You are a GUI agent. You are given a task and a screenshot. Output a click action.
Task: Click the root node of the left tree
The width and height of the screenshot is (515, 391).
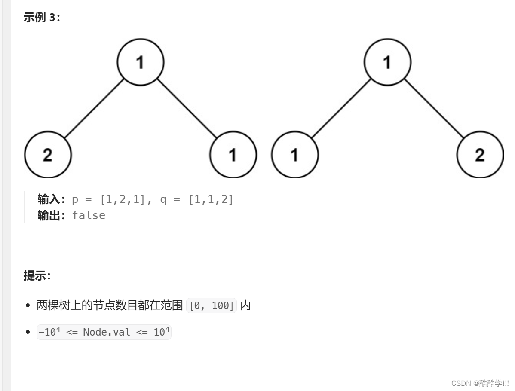[141, 62]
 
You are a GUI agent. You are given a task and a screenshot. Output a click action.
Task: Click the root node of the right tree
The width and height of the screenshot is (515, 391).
[387, 62]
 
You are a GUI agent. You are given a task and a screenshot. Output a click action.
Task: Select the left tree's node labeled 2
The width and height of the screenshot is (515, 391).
[48, 155]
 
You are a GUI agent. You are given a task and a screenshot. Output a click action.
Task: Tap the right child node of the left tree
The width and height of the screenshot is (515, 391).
[233, 155]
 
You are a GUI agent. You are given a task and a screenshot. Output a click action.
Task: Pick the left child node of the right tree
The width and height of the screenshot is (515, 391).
[295, 155]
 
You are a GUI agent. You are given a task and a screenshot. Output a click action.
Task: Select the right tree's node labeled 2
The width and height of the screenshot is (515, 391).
[480, 155]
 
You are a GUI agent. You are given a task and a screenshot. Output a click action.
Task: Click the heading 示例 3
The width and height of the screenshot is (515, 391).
[42, 18]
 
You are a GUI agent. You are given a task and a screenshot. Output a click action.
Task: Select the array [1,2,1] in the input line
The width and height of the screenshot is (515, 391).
[123, 199]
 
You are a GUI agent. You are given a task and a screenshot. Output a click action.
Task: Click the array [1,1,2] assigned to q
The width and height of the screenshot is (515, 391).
[211, 199]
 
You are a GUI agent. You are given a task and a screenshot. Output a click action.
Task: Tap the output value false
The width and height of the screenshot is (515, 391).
[89, 215]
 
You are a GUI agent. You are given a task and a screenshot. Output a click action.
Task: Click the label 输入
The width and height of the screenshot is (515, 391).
[49, 199]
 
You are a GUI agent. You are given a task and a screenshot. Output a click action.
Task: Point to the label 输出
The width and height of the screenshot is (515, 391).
[49, 215]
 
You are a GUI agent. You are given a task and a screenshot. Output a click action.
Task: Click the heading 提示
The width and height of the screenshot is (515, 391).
[37, 275]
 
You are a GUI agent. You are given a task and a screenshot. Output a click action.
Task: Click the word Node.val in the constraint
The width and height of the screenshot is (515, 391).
[106, 332]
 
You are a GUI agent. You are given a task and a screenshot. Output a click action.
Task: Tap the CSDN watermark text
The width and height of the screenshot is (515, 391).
[480, 383]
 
